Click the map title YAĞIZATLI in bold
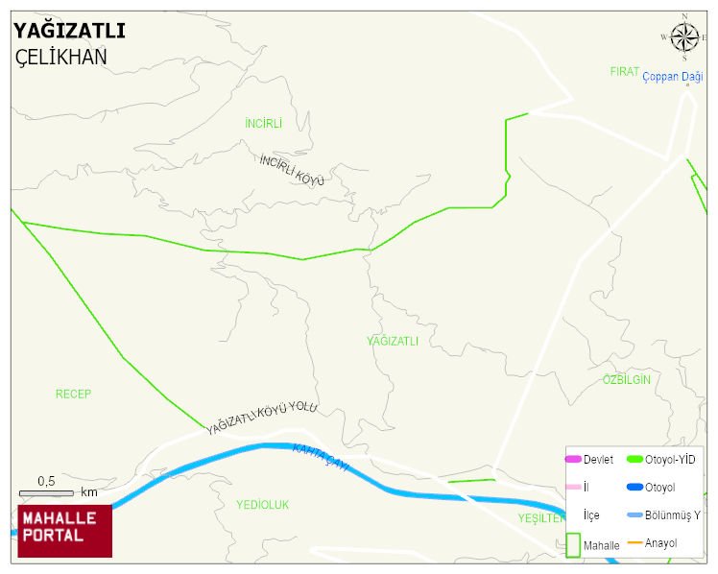tap(69, 31)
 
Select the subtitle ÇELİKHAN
tap(61, 57)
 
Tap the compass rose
tap(684, 37)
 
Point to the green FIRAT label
tap(624, 72)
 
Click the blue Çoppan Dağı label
tap(672, 77)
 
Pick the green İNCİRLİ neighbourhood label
tap(264, 124)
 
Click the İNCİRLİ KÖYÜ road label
tap(292, 169)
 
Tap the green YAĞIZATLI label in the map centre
tap(393, 341)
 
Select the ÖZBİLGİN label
tap(627, 380)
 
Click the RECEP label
tap(73, 395)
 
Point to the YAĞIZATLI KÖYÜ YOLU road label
tap(261, 419)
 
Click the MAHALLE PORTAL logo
tap(65, 529)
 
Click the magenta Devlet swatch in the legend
tap(573, 460)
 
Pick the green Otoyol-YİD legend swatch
tap(634, 460)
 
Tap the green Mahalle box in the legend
tap(573, 544)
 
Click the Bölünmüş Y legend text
tap(673, 515)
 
